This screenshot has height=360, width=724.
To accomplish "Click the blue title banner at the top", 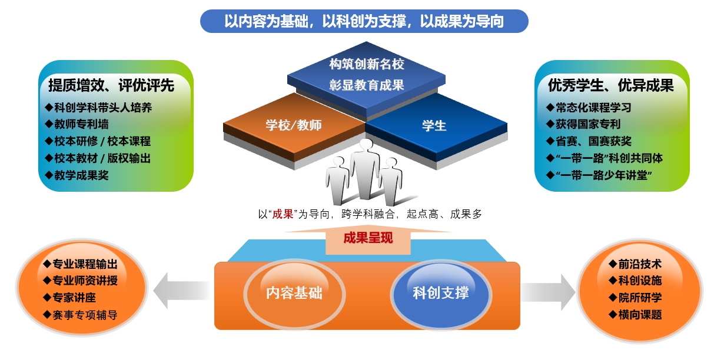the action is tap(364, 21).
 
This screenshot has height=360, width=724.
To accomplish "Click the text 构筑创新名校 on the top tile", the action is tap(367, 64).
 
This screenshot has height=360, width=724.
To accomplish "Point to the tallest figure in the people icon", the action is tap(365, 168).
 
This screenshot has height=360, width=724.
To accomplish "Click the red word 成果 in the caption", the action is tap(283, 214).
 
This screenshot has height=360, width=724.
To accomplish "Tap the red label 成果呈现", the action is tap(368, 238).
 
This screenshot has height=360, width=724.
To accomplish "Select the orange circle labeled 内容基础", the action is tap(294, 294).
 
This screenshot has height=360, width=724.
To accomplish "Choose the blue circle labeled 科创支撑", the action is tap(441, 294).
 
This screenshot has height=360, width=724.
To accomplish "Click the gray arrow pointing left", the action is tap(182, 290).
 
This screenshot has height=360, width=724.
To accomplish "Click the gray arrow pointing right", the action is tap(548, 292).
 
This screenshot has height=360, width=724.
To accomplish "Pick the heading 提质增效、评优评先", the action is tap(111, 85).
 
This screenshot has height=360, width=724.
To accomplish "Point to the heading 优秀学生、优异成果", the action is tap(610, 85).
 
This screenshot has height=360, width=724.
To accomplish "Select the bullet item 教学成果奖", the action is tap(77, 175).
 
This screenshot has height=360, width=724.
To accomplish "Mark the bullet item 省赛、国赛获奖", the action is tap(589, 141).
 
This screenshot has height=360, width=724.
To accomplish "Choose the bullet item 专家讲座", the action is tap(69, 298).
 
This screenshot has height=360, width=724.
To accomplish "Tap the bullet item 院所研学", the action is tap(635, 298).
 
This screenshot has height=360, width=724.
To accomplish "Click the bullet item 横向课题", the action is tap(635, 315).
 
